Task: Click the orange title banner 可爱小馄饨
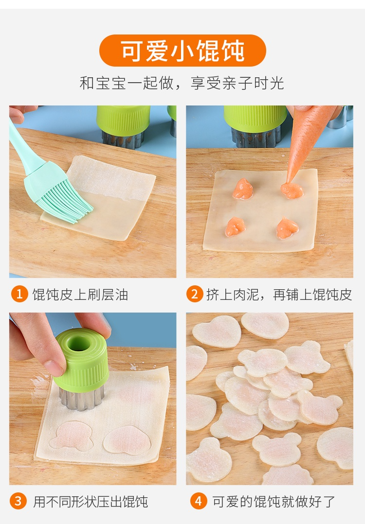[182, 51]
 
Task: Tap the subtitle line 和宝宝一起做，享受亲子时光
[182, 83]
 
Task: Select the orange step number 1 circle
[19, 294]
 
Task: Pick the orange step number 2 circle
[194, 294]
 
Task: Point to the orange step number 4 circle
[199, 501]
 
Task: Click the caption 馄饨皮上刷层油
[80, 295]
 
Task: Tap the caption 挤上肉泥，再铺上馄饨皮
[279, 295]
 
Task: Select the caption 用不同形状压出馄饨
[91, 501]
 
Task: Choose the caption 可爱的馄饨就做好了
[274, 501]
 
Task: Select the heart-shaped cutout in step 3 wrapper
[127, 440]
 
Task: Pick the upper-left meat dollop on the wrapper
[243, 189]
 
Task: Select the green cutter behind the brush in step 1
[124, 125]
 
